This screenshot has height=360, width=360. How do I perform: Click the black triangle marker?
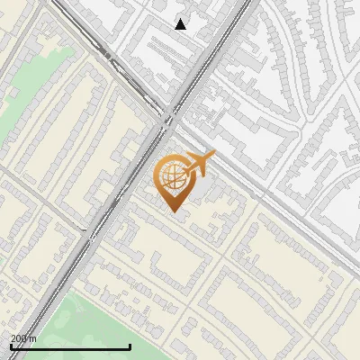point(181,24)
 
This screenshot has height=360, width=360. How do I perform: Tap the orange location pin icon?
point(176,181)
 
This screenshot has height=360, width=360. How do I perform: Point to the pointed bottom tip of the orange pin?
point(174,210)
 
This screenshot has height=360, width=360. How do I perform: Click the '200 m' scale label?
point(23,338)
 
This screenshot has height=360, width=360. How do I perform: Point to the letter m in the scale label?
point(33,338)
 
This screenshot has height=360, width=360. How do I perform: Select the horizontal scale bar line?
point(70,346)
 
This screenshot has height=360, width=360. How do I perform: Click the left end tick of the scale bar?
point(11,345)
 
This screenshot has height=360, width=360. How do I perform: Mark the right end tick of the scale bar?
point(130,345)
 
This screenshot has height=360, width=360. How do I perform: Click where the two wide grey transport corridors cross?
point(171,115)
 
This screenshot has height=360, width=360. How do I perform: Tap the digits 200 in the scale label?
point(19,338)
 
